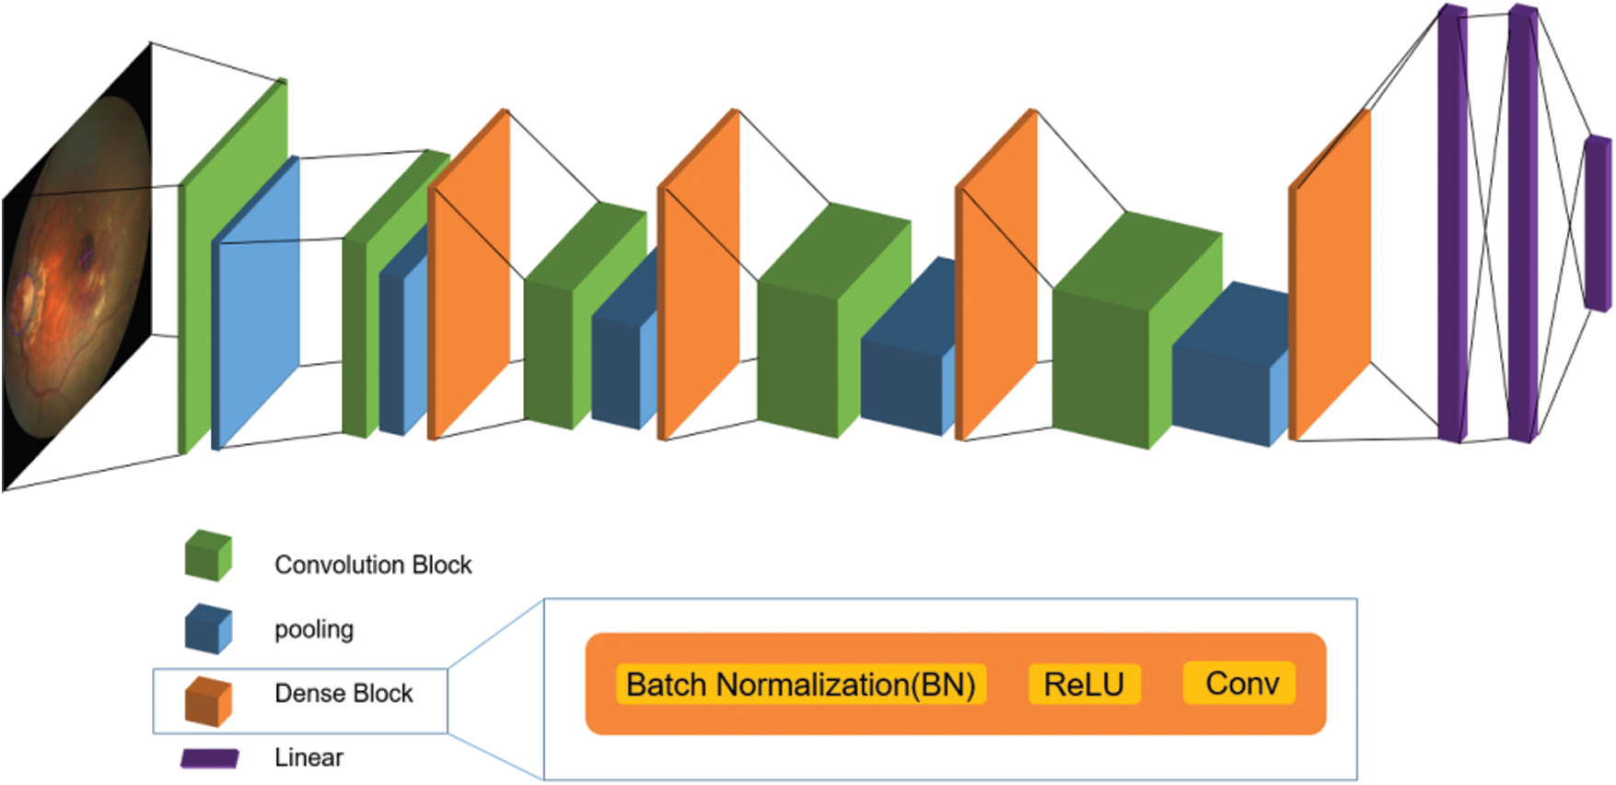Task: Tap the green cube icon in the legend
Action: click(208, 556)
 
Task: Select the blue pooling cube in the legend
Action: click(208, 628)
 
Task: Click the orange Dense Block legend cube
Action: click(208, 702)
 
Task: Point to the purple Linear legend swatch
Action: click(210, 758)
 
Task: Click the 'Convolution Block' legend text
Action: click(373, 565)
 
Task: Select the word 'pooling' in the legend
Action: click(314, 629)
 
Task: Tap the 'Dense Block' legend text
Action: click(343, 694)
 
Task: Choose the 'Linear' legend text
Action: click(308, 758)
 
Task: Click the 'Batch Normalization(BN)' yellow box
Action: click(800, 685)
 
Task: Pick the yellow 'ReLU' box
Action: click(1084, 685)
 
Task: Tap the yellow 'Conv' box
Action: click(1241, 684)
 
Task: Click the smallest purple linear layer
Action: click(1597, 223)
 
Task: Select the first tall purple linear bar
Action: click(1452, 223)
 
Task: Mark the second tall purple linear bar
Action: click(1522, 223)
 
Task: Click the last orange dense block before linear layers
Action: click(1332, 276)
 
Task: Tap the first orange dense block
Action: click(470, 276)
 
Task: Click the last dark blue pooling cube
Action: click(1229, 369)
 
